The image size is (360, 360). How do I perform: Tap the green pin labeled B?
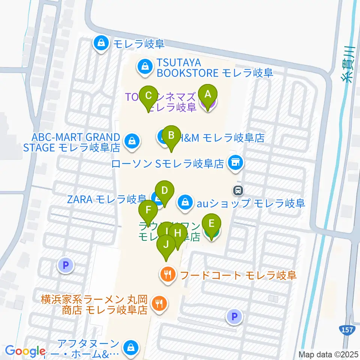coord(171,135)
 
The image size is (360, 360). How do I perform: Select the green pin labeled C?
coord(148,95)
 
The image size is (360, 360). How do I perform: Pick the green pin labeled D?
coord(164,190)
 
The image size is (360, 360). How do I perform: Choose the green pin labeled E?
coord(211,224)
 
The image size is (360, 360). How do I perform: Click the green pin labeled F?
coord(148,210)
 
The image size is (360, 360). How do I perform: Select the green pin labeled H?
coord(178,233)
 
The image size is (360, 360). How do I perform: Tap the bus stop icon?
coord(238,191)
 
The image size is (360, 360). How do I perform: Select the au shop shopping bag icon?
coord(185,202)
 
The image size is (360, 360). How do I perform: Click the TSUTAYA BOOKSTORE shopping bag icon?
coord(144,67)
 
